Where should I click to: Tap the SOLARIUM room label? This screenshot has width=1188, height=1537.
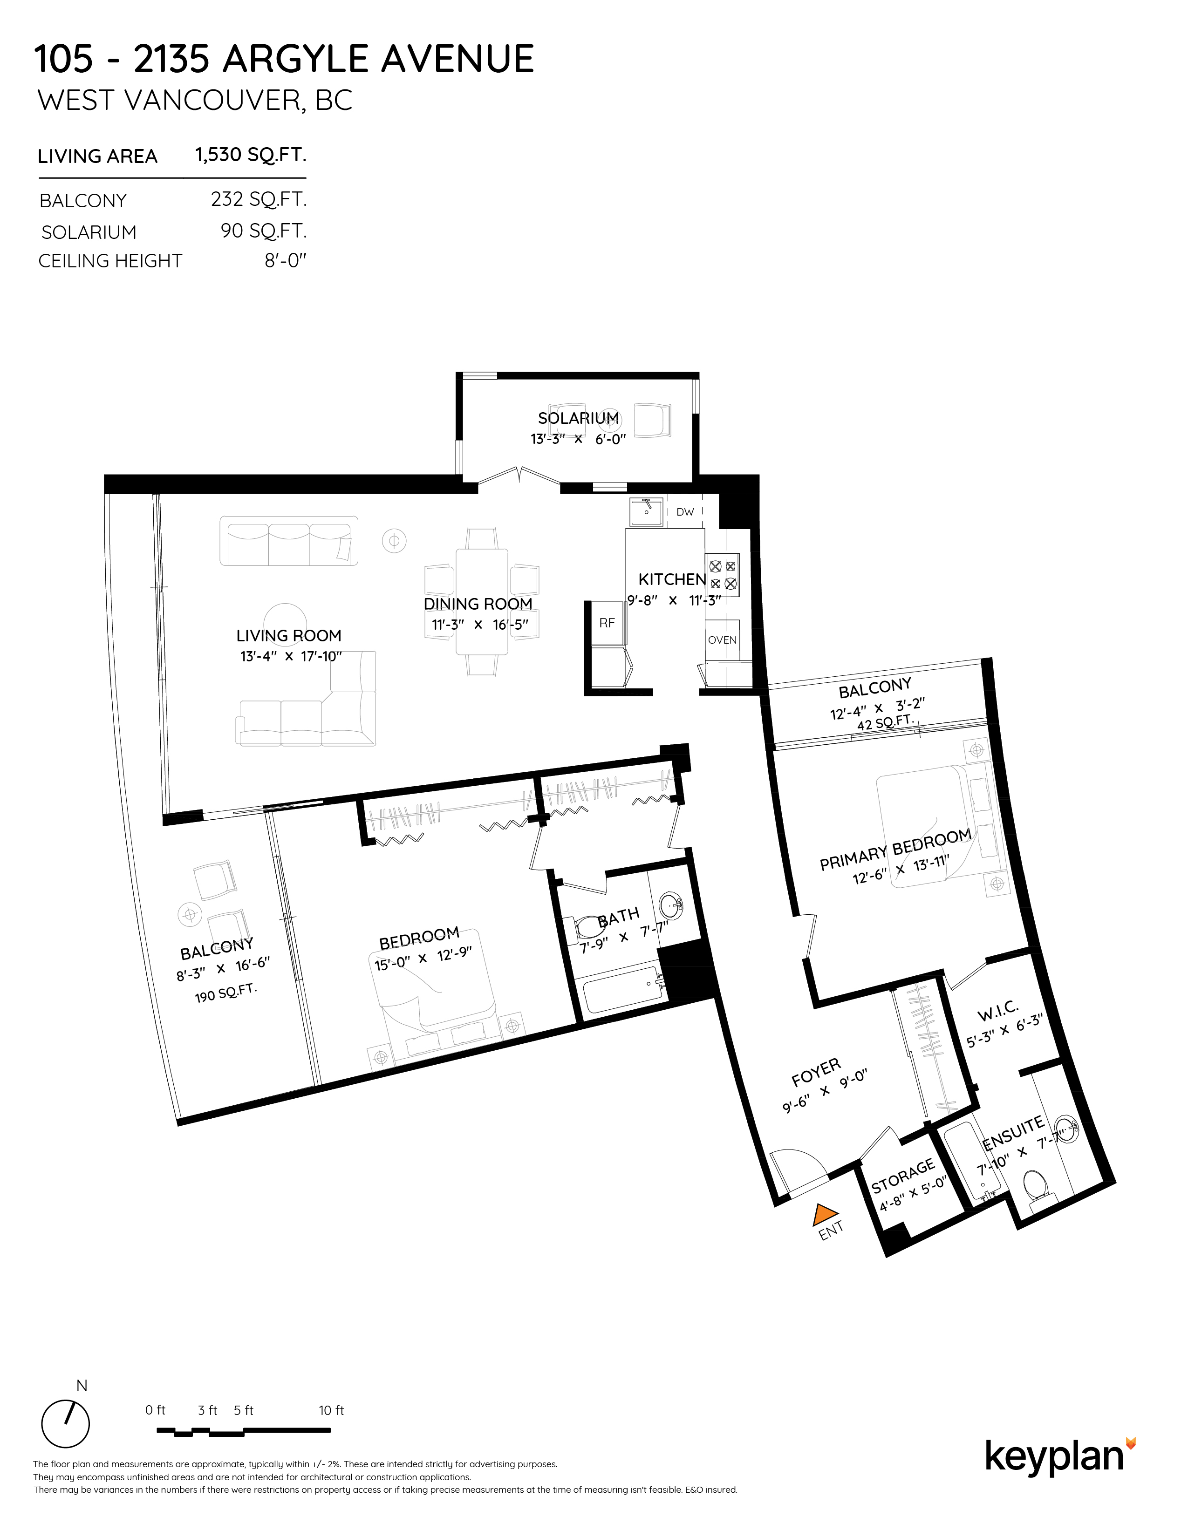(578, 418)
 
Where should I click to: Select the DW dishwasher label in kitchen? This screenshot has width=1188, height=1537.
(685, 511)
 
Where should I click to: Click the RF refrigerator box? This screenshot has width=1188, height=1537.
(607, 623)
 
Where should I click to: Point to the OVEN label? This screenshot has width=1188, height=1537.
(722, 639)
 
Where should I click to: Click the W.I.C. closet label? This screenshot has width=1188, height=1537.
(997, 1011)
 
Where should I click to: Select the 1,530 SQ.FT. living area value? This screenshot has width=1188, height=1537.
(250, 155)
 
